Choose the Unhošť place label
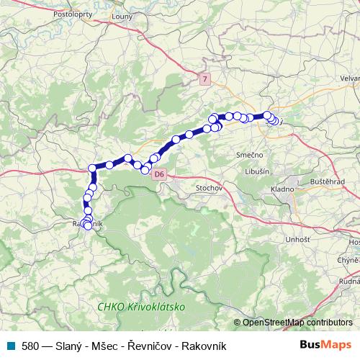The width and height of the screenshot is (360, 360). click(278, 238)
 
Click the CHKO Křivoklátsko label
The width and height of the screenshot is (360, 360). click(141, 307)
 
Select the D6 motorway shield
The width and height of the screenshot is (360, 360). click(160, 174)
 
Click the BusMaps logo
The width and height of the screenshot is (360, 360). click(326, 346)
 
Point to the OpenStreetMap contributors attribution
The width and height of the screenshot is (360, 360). click(300, 323)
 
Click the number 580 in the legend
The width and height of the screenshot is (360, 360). click(31, 346)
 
